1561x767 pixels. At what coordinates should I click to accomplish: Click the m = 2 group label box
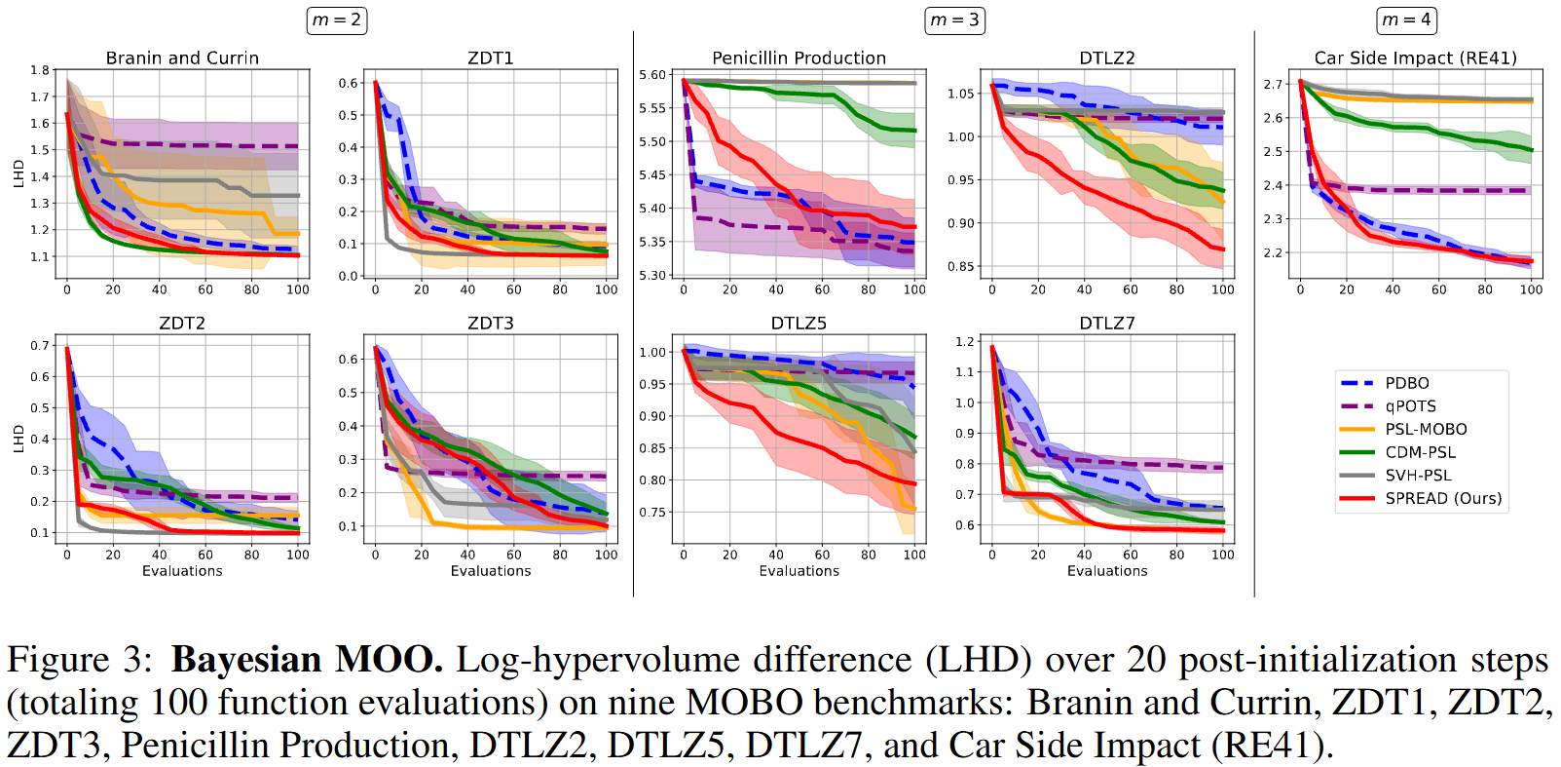pos(337,19)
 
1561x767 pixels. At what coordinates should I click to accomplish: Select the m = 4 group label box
pos(1407,19)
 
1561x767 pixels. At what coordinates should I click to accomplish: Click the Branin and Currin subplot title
pos(182,58)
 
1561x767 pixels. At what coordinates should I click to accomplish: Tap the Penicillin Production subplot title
pos(799,58)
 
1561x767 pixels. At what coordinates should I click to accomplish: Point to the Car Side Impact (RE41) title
pos(1415,58)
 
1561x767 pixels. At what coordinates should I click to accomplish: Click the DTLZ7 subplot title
pos(1106,324)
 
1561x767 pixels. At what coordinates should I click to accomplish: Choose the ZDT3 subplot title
pos(490,324)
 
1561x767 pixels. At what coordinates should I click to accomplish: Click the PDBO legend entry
pos(1406,383)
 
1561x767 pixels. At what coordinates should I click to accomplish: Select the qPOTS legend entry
pos(1410,406)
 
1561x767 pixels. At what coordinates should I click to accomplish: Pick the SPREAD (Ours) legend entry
pos(1442,498)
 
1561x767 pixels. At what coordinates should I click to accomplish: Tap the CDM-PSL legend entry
pos(1420,452)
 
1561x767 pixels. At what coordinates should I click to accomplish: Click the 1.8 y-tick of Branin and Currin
pos(39,70)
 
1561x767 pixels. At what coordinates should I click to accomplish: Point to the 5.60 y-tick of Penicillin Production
pos(652,75)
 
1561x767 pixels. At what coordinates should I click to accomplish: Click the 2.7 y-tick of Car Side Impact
pos(1273,84)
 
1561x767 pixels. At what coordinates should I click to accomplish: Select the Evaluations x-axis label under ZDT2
pos(182,571)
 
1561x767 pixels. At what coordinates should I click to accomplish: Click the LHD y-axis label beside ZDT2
pos(19,439)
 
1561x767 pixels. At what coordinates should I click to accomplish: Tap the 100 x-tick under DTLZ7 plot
pos(1222,555)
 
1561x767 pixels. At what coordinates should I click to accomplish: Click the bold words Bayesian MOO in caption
pos(307,660)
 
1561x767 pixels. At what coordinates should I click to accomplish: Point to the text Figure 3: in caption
pos(80,660)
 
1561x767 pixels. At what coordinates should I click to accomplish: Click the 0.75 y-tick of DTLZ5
pos(652,512)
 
